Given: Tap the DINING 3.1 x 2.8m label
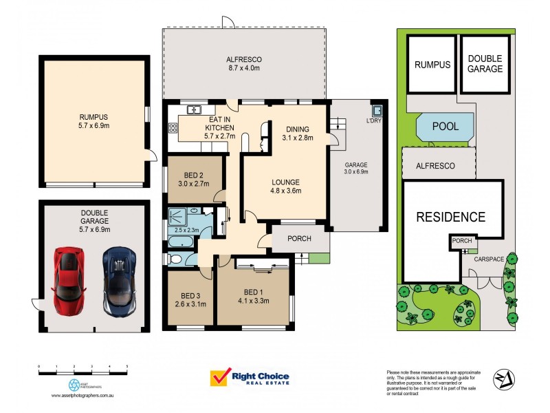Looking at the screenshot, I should (x=297, y=133).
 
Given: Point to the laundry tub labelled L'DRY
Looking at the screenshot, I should (x=377, y=110).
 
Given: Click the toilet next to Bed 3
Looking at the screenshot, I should (x=176, y=260).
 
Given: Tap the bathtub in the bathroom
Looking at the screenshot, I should (x=183, y=243).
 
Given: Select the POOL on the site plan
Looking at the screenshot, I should (x=445, y=127).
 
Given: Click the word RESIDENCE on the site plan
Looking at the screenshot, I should (x=451, y=217).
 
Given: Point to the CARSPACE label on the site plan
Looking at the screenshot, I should (x=489, y=258).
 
